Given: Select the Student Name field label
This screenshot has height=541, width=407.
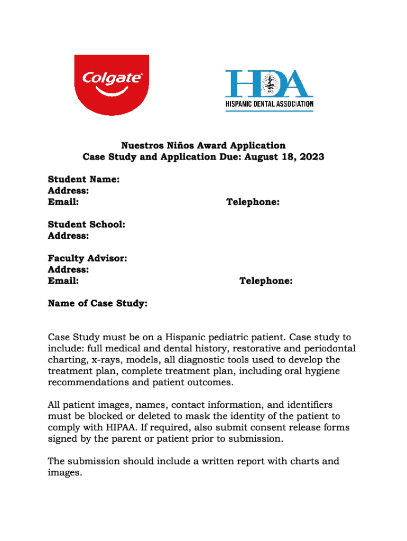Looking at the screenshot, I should click(84, 180).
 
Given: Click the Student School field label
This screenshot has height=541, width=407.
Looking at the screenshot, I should click(87, 225).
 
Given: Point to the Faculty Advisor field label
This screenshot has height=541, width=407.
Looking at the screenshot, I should click(87, 258).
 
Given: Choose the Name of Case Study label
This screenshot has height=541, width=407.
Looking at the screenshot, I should click(97, 304).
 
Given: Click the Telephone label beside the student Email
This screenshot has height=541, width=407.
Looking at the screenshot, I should click(253, 202).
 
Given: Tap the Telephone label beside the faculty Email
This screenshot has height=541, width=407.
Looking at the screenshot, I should click(266, 281).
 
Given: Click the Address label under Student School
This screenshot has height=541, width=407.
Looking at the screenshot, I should click(68, 236).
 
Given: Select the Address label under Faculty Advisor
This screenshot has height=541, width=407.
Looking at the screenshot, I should click(68, 270).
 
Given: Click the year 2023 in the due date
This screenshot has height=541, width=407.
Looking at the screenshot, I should click(311, 157).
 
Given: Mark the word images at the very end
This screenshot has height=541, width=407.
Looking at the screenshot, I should click(64, 473).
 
